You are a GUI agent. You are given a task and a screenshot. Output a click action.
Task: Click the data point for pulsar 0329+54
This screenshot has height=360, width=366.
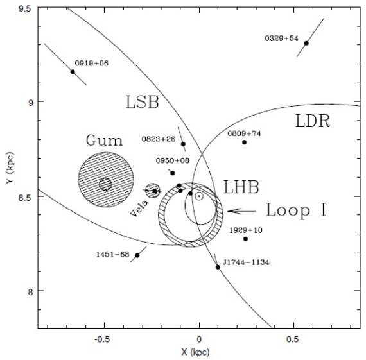306,43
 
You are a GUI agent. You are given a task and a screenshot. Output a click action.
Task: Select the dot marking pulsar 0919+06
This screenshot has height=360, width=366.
73,72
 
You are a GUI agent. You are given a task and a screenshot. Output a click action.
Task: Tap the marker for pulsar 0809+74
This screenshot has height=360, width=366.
245,142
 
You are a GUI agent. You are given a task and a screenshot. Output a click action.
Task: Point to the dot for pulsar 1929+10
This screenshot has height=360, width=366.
245,239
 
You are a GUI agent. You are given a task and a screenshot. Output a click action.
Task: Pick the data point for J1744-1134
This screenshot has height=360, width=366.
218,267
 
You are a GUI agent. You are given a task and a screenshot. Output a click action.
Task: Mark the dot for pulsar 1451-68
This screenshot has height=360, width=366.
137,255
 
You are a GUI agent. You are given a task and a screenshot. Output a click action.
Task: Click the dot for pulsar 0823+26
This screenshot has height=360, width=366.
183,144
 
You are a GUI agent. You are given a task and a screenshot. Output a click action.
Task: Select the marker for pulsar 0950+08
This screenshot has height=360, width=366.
173,173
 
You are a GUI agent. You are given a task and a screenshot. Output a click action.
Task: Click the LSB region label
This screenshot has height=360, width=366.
143,102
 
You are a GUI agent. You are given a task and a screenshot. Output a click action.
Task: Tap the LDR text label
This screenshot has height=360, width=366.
313,121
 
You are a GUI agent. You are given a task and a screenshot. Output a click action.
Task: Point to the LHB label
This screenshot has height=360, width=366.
241,187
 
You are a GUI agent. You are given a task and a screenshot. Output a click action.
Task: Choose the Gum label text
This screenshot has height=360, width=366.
104,141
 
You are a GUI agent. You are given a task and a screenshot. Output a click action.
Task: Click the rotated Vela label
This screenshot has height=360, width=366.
139,209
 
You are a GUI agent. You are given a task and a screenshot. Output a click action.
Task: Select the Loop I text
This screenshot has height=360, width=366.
296,210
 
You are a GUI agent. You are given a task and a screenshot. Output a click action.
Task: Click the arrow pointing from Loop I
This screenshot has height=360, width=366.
242,211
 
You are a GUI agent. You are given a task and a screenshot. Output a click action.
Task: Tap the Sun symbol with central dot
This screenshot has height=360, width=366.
199,196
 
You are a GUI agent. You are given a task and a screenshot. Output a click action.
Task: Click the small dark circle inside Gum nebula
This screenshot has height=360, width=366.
105,184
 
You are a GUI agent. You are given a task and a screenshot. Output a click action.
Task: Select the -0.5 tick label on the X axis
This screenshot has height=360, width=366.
101,339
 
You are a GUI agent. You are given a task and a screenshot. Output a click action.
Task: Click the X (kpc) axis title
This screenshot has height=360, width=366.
196,352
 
